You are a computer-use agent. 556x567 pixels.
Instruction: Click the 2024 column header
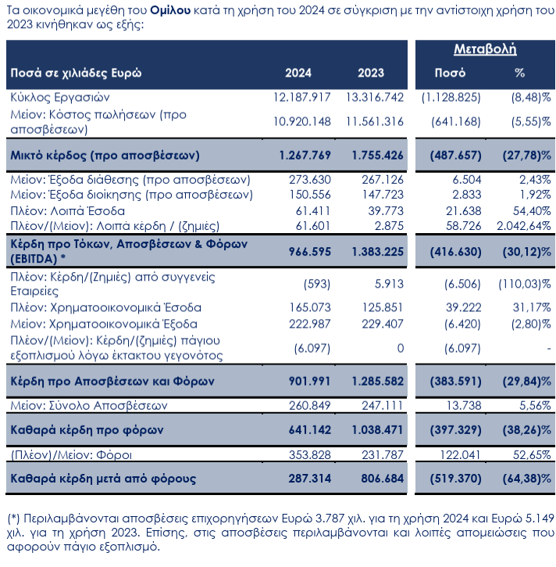pos(298,73)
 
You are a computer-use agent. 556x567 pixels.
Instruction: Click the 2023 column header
pos(371,73)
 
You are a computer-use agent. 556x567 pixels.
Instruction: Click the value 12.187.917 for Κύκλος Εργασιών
pos(303,98)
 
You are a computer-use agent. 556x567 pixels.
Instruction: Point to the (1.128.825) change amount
pos(450,98)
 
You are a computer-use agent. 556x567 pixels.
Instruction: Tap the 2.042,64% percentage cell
pos(522,226)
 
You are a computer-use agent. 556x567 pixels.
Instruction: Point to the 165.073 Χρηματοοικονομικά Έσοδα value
pos(309,307)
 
